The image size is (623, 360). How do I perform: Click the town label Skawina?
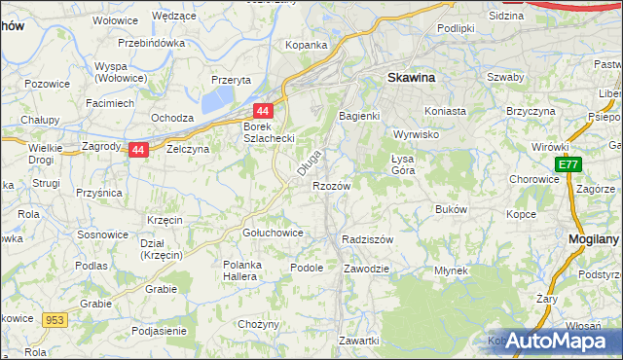pos(412,76)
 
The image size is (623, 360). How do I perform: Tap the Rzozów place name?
pos(331,185)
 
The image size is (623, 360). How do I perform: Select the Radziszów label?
pos(367,238)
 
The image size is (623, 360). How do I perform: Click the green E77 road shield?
pos(568,166)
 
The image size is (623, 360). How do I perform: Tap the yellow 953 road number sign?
pos(55,319)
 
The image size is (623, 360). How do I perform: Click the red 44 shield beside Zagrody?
pos(138,150)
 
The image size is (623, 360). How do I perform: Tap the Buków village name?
pos(452,209)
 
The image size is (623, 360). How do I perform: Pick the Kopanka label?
pos(305,45)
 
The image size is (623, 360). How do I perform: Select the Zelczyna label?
pos(188,150)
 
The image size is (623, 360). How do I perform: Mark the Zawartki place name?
pos(358,341)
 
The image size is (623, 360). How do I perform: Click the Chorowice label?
pos(533,180)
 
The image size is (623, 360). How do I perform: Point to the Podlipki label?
pos(456,28)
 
